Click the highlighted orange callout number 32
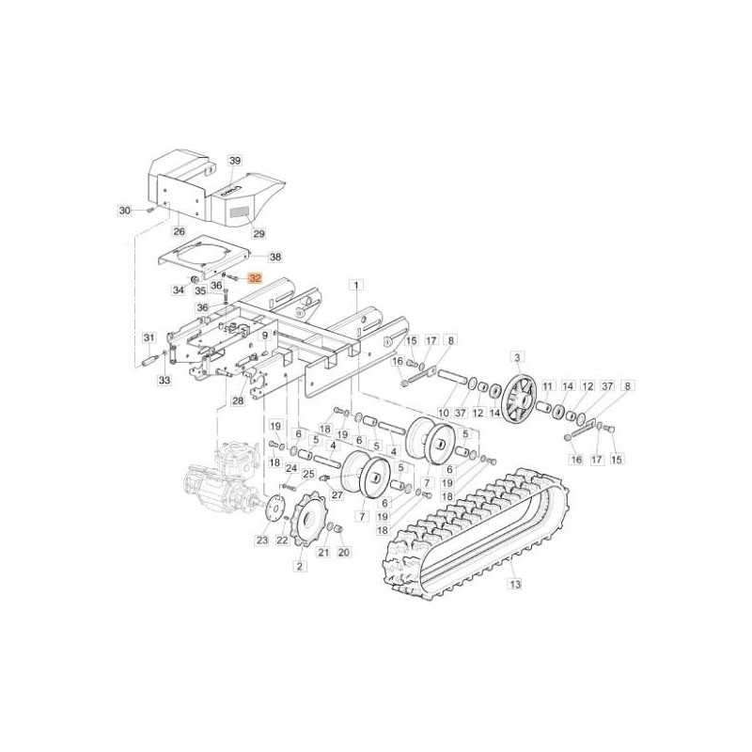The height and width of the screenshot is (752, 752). [x=255, y=278]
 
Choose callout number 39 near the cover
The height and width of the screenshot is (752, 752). [x=235, y=161]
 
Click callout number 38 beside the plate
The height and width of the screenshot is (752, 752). [x=274, y=256]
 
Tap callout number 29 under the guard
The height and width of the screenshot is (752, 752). [x=259, y=233]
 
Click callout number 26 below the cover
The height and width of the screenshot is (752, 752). [x=180, y=230]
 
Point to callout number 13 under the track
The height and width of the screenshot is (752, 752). [x=514, y=584]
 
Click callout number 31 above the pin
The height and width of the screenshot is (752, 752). [x=148, y=337]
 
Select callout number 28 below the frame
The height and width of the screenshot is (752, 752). [x=237, y=401]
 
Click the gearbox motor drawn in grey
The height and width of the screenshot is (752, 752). [x=223, y=479]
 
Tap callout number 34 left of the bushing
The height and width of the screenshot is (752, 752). [x=179, y=290]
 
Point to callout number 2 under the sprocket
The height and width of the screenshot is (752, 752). [x=300, y=566]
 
